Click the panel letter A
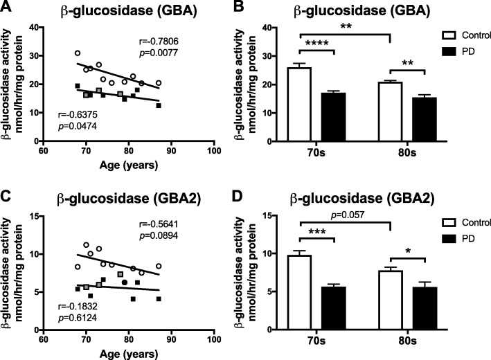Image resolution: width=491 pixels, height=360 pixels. [x=6, y=7]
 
